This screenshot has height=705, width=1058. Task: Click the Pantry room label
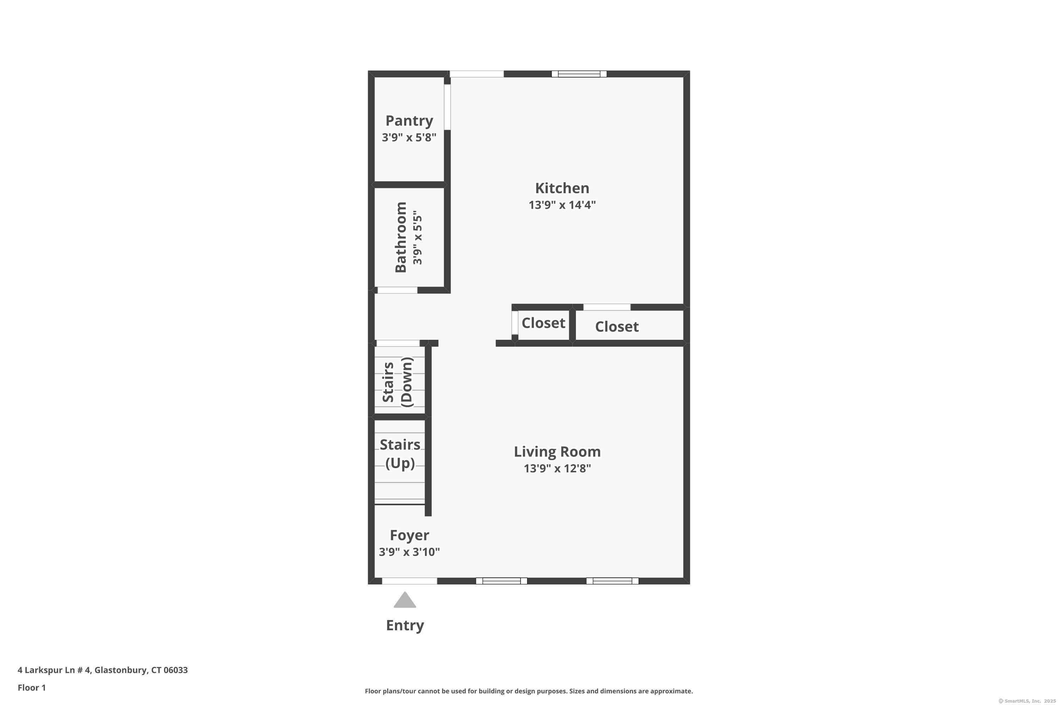tap(409, 121)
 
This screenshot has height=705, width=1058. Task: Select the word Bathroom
tap(401, 237)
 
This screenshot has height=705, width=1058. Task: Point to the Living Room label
tap(557, 452)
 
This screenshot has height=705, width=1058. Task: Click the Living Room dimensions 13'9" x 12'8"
tap(557, 468)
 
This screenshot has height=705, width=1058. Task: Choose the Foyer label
tap(409, 535)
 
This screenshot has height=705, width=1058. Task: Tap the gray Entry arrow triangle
tap(405, 600)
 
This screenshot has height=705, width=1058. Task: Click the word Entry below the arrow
tap(405, 625)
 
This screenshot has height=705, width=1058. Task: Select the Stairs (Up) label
tap(400, 454)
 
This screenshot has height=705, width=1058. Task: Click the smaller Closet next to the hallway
tap(543, 323)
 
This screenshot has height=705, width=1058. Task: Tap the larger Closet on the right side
tap(616, 327)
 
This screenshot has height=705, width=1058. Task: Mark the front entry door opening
tap(409, 581)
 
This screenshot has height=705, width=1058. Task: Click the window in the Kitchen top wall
tap(579, 74)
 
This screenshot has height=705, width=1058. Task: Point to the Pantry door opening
tap(448, 107)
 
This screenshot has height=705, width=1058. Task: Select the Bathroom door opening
tap(397, 290)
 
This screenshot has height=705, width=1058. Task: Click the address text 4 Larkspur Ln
tap(103, 670)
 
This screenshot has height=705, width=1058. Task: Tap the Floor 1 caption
tap(31, 687)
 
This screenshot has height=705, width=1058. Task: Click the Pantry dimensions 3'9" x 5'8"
tap(409, 137)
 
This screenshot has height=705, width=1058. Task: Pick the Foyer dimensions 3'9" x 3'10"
tap(409, 552)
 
